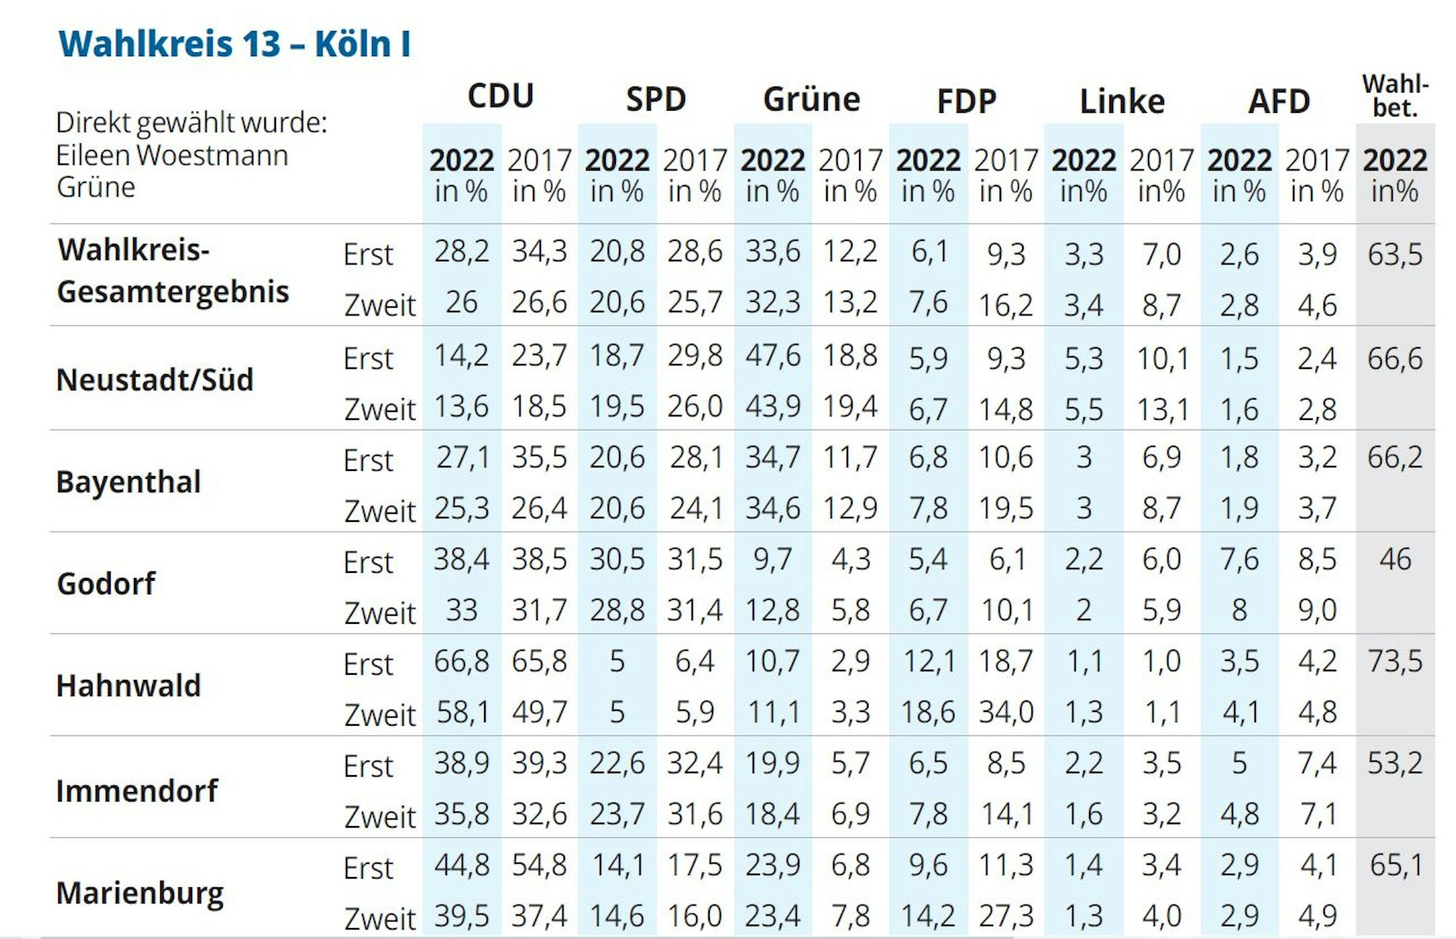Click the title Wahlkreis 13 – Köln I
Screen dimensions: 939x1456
234,44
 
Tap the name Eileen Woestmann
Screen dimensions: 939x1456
172,156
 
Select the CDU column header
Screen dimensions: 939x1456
501,96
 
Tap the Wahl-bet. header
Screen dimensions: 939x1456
1395,96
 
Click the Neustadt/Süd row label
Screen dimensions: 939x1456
154,380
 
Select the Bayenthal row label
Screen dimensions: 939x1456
128,482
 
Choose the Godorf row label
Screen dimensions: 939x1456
106,584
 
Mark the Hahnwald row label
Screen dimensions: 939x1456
128,686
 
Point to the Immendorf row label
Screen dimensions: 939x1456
137,791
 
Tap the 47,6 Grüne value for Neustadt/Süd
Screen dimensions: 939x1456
772,356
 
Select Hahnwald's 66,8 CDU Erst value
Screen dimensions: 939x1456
462,662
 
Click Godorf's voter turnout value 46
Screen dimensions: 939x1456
1395,560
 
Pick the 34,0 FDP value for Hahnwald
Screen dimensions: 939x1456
1006,712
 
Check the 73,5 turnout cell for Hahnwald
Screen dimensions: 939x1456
1395,662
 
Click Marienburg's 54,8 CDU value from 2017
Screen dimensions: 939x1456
539,865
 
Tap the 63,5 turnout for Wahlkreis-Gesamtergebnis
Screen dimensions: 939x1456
1395,255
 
